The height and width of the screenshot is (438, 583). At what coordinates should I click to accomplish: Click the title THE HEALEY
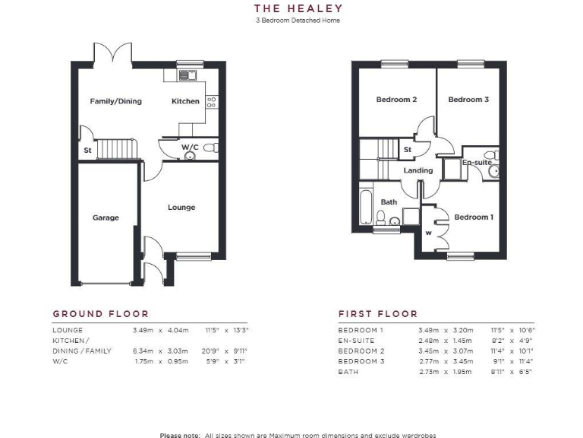point(298,9)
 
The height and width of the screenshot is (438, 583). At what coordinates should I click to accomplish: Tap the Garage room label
point(106,217)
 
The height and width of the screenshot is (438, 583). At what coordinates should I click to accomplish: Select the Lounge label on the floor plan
point(181,207)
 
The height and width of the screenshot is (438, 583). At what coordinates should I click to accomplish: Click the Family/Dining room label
point(115,101)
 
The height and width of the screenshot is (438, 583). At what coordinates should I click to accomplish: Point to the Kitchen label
point(185,101)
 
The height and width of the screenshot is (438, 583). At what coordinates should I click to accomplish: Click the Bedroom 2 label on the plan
point(396,100)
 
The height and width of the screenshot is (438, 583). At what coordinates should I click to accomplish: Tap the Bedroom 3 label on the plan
point(468,100)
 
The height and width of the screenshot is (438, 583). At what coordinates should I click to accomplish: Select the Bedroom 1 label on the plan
point(474,217)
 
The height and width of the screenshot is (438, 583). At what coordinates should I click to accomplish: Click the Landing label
point(418,170)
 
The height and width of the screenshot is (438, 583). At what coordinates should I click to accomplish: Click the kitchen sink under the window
point(186,75)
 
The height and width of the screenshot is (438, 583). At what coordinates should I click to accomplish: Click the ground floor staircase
point(116,148)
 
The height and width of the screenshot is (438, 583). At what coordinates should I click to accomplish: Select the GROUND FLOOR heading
point(100,313)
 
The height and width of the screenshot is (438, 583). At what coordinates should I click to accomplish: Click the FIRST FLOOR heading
point(378,313)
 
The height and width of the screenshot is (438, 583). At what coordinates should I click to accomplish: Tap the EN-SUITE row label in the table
point(356,341)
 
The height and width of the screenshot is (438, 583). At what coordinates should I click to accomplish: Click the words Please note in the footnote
point(179,435)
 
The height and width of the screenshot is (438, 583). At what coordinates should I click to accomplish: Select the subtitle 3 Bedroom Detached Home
point(298,21)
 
